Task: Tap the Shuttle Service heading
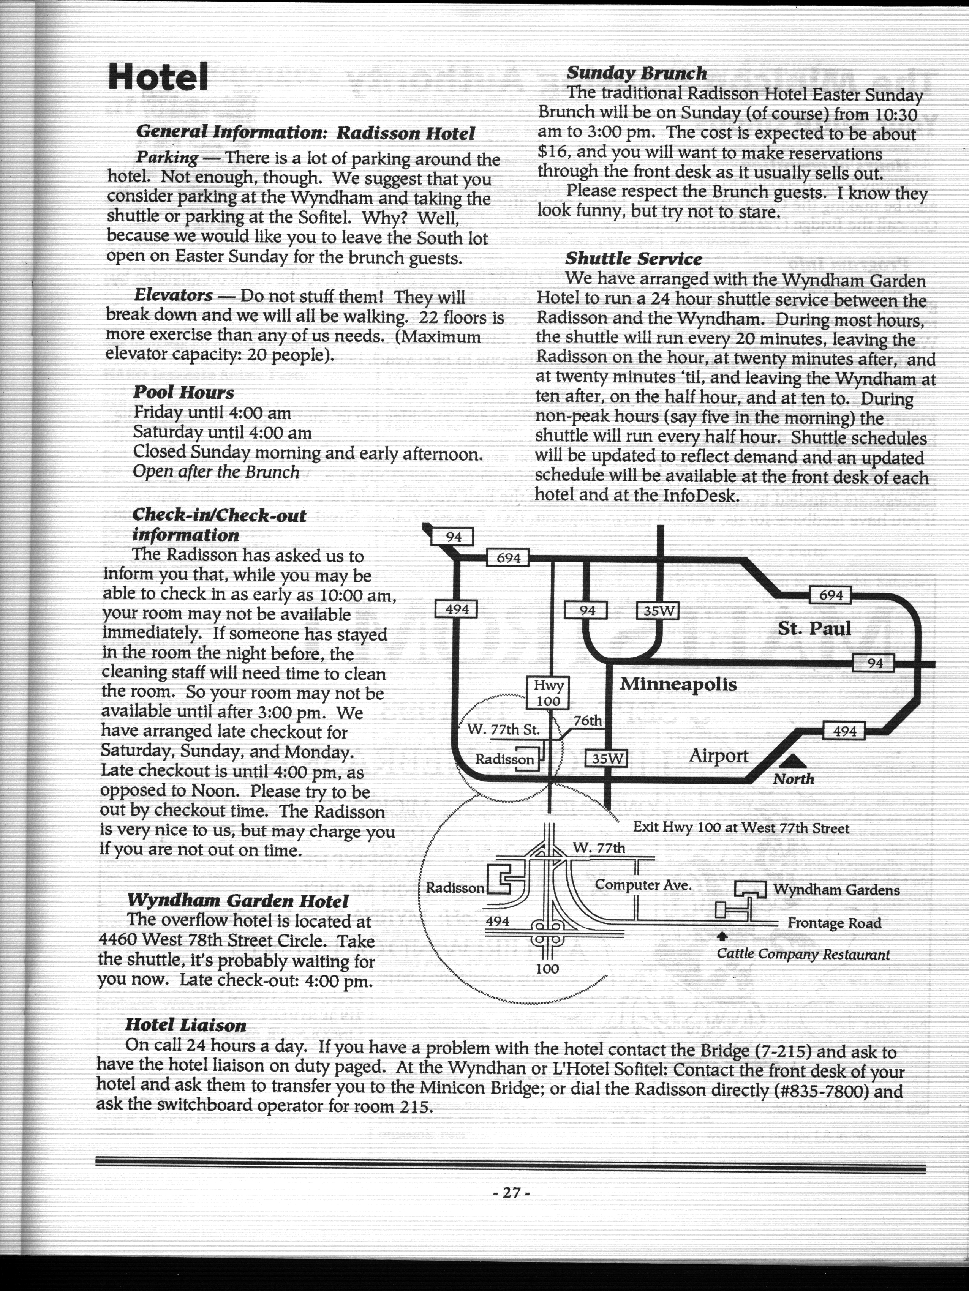point(633,259)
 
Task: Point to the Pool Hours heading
point(183,392)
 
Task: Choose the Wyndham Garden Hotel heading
point(237,901)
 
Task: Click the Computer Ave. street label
point(643,885)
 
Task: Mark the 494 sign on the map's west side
point(457,610)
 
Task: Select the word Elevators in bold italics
point(173,295)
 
